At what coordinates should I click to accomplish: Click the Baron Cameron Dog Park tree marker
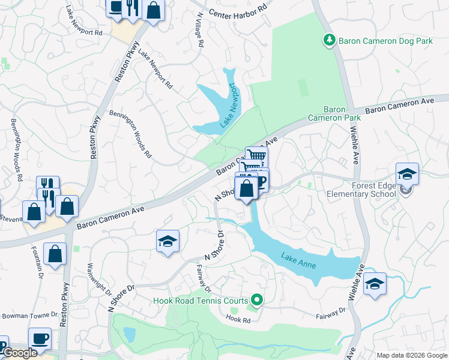click(x=329, y=41)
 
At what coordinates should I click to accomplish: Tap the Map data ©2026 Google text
click(x=411, y=355)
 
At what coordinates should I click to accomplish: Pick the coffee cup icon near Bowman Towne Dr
click(x=40, y=339)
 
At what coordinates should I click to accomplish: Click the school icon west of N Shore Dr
click(x=168, y=242)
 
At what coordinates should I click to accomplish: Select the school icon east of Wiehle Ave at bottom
click(x=375, y=284)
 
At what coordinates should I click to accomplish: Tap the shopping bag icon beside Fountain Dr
click(x=55, y=254)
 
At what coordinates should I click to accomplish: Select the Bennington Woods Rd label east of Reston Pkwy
click(x=130, y=134)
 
